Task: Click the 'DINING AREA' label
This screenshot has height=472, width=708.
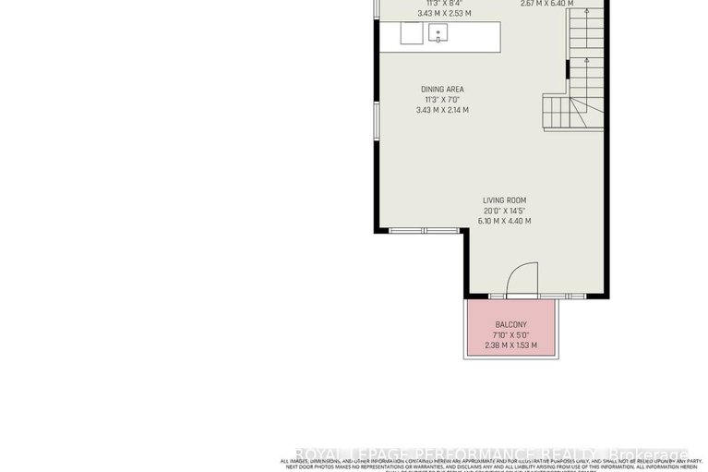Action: [x=442, y=89]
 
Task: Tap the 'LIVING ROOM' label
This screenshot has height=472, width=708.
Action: [x=504, y=200]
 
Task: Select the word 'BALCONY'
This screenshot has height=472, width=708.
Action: [x=510, y=325]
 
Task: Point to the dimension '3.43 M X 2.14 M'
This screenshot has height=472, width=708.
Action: [x=442, y=110]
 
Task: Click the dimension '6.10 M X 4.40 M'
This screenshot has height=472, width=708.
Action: [x=504, y=221]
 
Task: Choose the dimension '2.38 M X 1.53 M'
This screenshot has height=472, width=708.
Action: [x=510, y=345]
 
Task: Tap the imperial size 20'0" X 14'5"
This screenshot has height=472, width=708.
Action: [x=504, y=210]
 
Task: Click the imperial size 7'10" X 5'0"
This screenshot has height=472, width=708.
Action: [x=510, y=335]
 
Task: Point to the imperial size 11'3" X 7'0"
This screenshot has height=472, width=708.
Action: [x=442, y=100]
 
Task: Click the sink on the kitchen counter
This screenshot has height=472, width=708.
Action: [x=438, y=34]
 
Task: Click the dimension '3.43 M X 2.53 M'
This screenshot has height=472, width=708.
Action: [x=442, y=13]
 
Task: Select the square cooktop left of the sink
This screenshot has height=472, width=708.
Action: [x=411, y=34]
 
